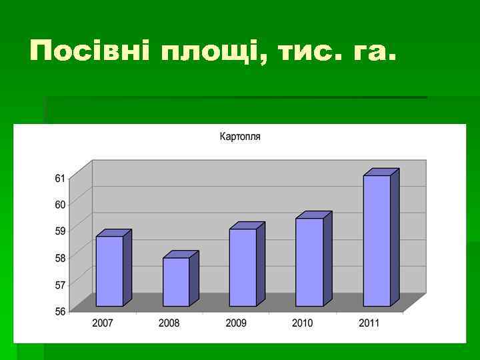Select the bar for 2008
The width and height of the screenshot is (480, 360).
pos(176,281)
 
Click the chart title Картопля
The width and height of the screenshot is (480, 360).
pos(240,137)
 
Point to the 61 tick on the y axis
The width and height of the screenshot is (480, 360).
pos(60,178)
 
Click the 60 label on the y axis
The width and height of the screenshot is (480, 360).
pos(60,205)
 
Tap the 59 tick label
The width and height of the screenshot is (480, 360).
pos(60,231)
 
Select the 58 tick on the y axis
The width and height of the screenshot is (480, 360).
pos(60,258)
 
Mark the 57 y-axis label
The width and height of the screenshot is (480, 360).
pos(60,285)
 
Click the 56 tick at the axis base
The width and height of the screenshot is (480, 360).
pos(60,311)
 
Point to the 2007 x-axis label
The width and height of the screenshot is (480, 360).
pos(103,323)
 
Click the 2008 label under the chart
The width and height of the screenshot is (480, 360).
pos(169,323)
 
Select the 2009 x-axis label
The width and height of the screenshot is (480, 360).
pos(236,323)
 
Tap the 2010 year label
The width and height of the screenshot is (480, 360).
pos(303,323)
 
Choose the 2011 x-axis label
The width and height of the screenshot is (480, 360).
pos(369,323)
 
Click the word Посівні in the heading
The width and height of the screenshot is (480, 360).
pos(89,51)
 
